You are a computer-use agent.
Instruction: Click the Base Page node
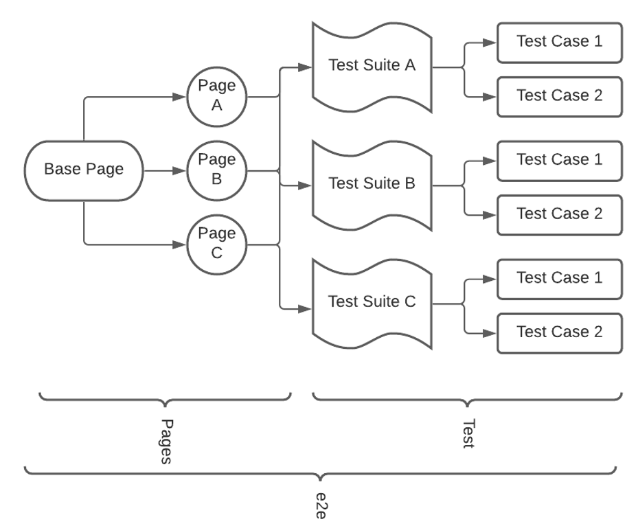pyautogui.click(x=84, y=170)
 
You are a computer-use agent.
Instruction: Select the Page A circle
pyautogui.click(x=216, y=96)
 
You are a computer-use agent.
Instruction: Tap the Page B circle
pyautogui.click(x=216, y=170)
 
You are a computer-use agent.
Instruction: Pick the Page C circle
pyautogui.click(x=216, y=243)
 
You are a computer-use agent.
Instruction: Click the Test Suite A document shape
pyautogui.click(x=372, y=67)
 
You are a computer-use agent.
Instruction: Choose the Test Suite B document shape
pyautogui.click(x=372, y=185)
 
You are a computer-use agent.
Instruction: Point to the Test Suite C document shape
pyautogui.click(x=372, y=302)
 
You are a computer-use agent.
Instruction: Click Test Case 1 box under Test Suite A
pyautogui.click(x=559, y=42)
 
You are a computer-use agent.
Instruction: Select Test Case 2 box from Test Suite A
pyautogui.click(x=559, y=96)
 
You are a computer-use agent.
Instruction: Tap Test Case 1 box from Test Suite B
pyautogui.click(x=559, y=160)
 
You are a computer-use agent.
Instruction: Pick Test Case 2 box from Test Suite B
pyautogui.click(x=559, y=214)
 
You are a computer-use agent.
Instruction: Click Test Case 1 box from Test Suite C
pyautogui.click(x=559, y=278)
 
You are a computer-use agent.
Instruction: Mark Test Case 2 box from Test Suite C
pyautogui.click(x=559, y=332)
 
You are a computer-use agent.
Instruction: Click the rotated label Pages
pyautogui.click(x=166, y=442)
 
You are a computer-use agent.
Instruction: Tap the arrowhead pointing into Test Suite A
pyautogui.click(x=306, y=67)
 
